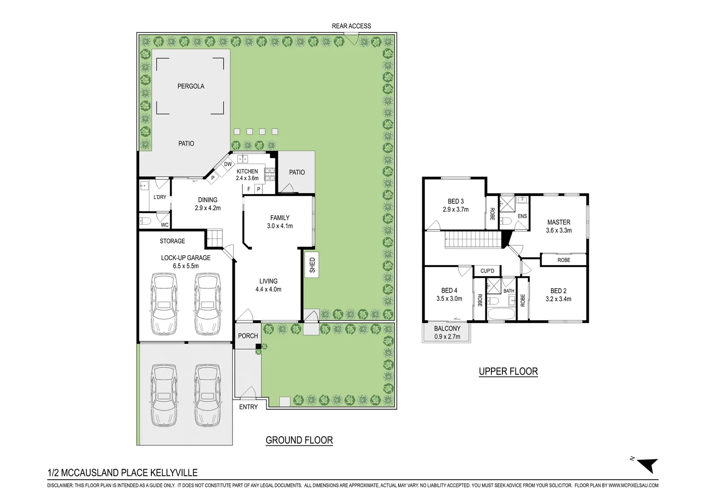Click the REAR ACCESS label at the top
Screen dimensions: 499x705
click(351, 26)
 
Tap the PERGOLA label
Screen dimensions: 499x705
click(191, 86)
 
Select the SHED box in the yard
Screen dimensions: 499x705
click(312, 265)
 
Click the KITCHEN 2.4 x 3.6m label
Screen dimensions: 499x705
click(247, 175)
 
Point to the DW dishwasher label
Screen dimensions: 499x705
click(228, 164)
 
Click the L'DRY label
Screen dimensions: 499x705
click(160, 197)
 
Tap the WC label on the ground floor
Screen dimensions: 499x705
click(164, 225)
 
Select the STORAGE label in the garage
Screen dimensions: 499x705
click(172, 241)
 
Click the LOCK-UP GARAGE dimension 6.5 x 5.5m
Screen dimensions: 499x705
click(185, 266)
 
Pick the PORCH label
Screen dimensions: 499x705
click(248, 336)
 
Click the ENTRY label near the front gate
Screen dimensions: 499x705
click(248, 407)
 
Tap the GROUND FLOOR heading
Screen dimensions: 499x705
click(299, 440)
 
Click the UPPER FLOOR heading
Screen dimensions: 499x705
click(508, 371)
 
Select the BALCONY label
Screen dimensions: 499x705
click(447, 329)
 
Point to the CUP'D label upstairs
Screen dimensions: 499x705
click(487, 271)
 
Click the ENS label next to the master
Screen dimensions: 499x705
click(522, 216)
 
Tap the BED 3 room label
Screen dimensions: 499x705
click(455, 201)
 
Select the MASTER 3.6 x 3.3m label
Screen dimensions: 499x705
click(559, 226)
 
